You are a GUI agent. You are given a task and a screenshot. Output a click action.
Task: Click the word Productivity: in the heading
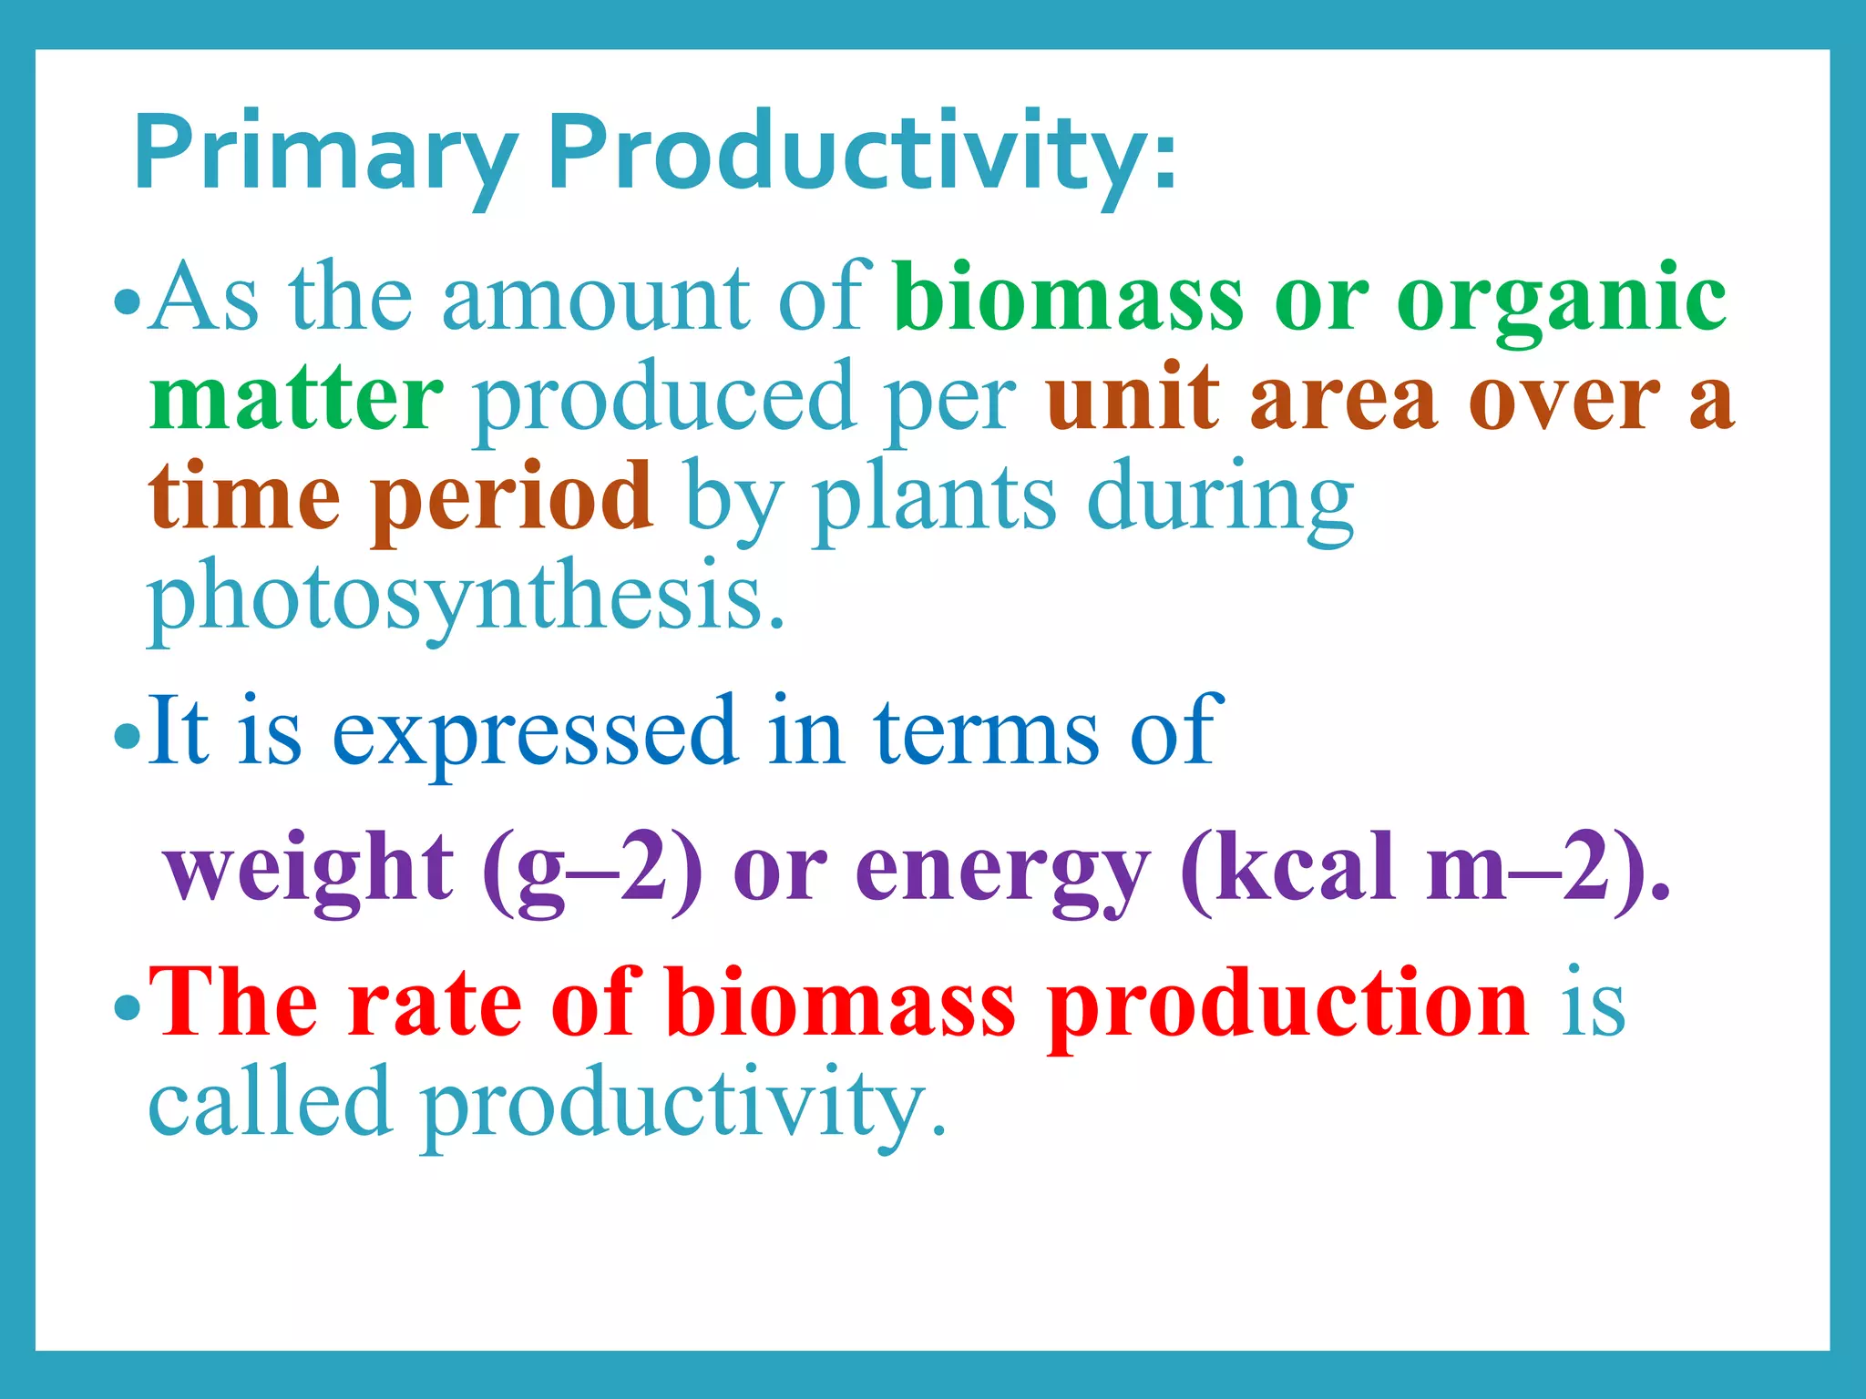861,153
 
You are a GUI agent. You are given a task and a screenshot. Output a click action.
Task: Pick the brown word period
512,499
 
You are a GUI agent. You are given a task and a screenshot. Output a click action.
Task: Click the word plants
934,499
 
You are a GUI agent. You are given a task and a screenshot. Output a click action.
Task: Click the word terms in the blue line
986,734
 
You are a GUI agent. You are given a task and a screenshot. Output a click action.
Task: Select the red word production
1287,1006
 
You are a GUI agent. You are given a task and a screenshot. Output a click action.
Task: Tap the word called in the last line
270,1104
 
